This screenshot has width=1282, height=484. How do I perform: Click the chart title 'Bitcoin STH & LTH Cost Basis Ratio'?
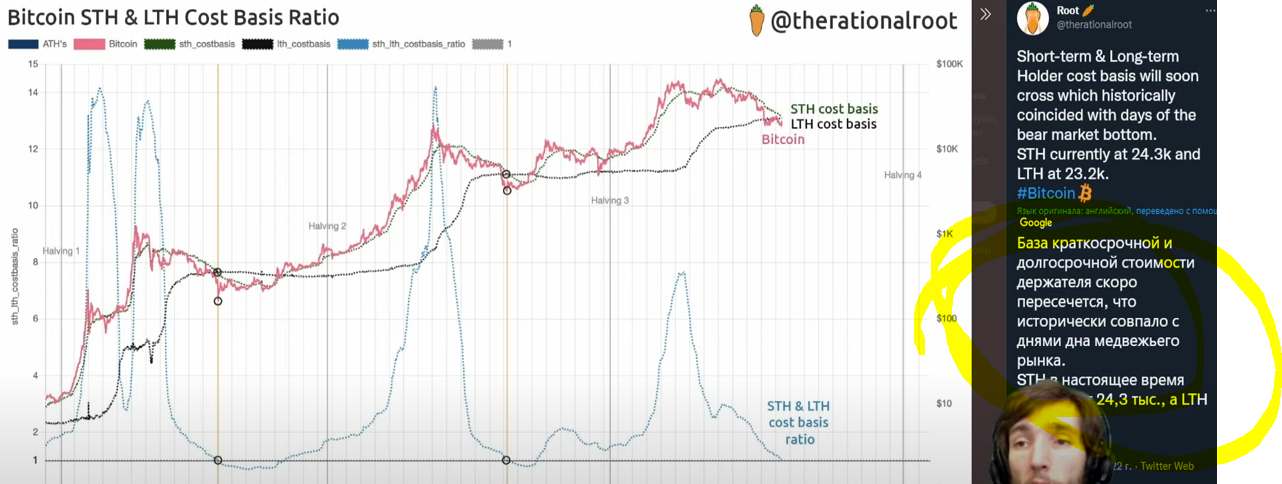(x=173, y=18)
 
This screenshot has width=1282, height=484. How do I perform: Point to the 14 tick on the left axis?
(x=33, y=93)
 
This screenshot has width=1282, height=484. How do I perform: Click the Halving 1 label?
(x=61, y=251)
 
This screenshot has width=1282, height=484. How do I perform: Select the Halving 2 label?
(x=327, y=227)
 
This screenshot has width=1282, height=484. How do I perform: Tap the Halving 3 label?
(x=609, y=201)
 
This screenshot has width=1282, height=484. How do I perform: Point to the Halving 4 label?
(x=902, y=176)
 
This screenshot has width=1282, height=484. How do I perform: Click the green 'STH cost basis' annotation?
(x=833, y=109)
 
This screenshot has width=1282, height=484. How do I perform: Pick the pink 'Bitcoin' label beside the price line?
(x=783, y=140)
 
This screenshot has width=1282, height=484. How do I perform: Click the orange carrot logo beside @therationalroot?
(x=757, y=19)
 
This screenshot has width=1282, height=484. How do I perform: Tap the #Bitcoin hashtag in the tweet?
(x=1047, y=193)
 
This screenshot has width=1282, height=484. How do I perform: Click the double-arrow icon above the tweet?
(x=985, y=14)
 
